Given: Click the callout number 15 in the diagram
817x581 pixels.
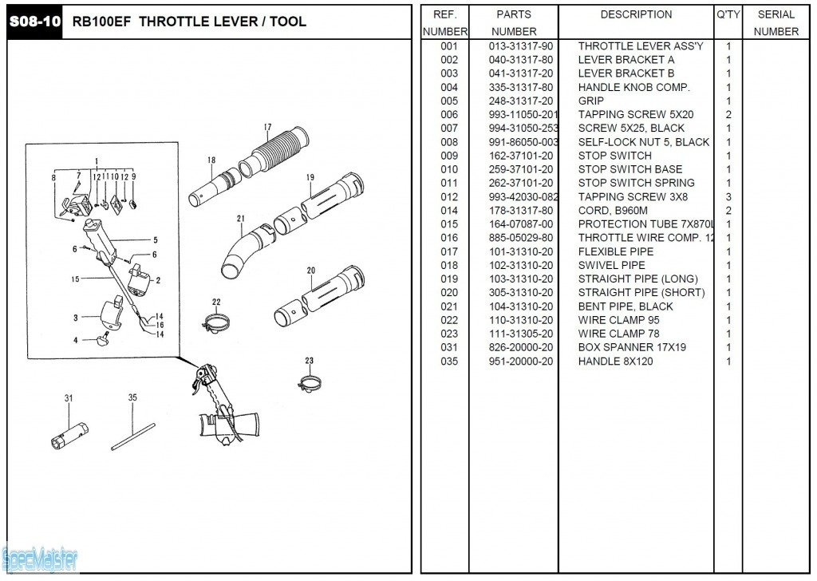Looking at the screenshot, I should (x=75, y=279).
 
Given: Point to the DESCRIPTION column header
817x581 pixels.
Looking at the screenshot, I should (x=636, y=14).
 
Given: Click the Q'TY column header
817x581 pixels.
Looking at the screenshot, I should (x=728, y=14).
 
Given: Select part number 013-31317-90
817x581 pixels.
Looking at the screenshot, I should (x=520, y=46).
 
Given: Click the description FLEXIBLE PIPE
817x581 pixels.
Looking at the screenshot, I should (x=615, y=251).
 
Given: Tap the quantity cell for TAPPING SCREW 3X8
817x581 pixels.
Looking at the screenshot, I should (x=728, y=197).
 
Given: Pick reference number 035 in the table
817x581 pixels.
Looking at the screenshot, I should (x=449, y=362).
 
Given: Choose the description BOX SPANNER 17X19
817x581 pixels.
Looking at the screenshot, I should (x=632, y=347).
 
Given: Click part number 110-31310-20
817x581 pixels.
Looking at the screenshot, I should (x=520, y=320).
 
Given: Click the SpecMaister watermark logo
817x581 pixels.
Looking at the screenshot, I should (x=39, y=559).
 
